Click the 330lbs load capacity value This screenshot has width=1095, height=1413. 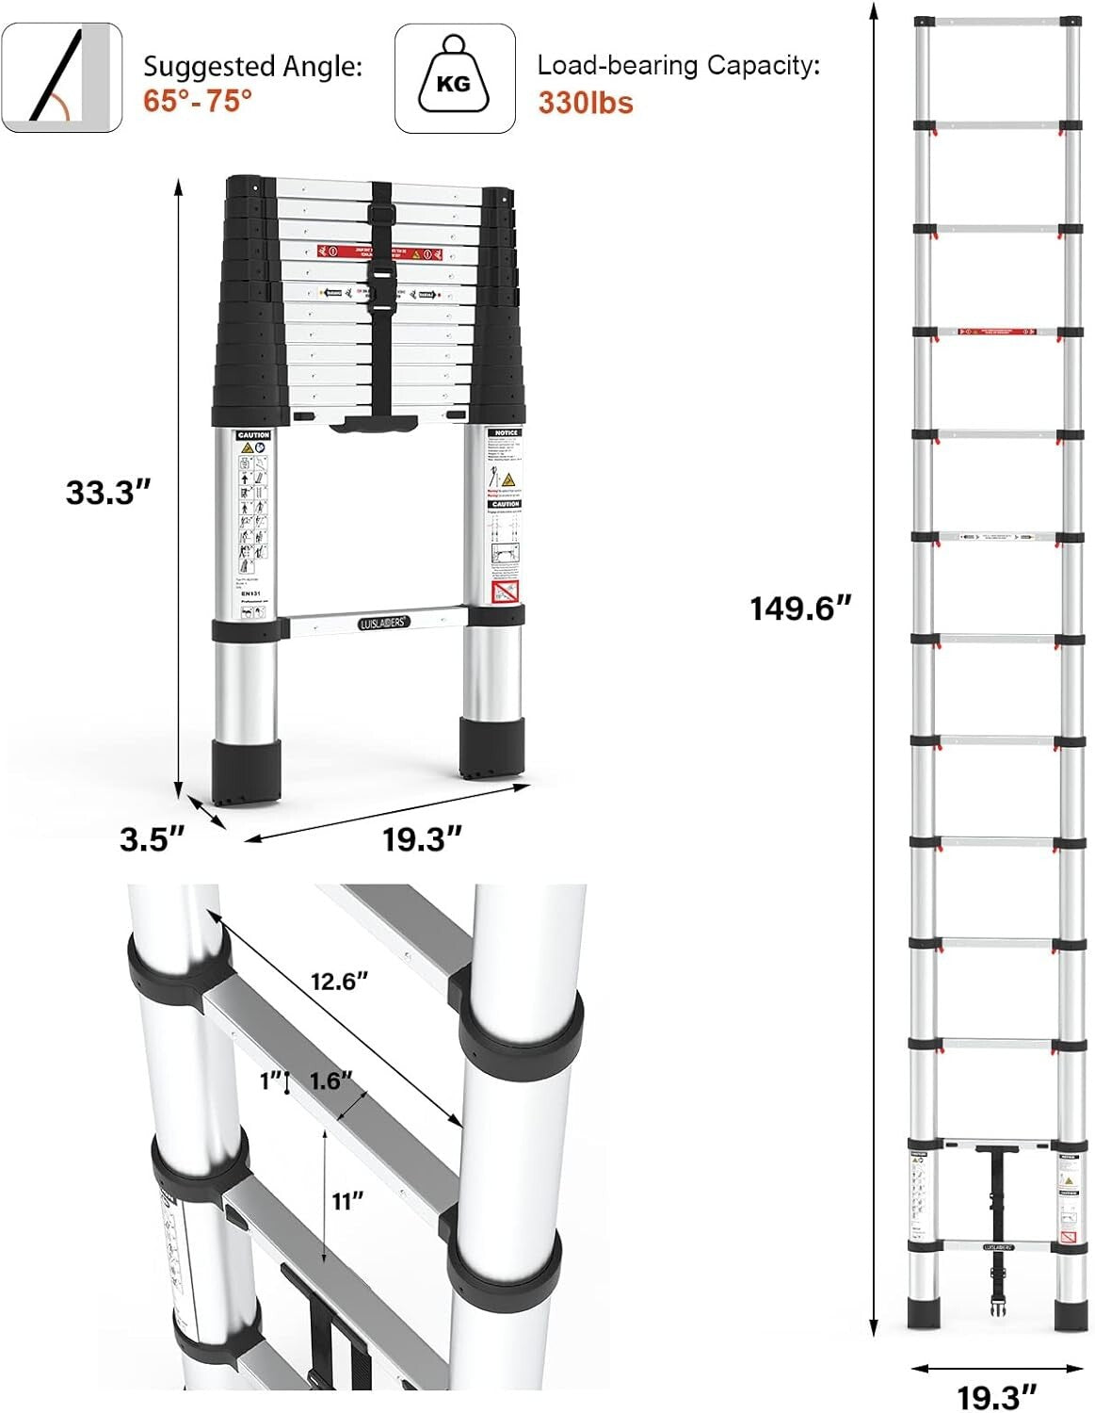[x=585, y=102]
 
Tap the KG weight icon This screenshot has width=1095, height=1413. [x=455, y=78]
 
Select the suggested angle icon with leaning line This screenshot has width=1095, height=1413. [x=61, y=78]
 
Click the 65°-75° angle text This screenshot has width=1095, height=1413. [x=198, y=100]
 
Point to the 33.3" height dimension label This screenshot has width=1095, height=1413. [x=108, y=492]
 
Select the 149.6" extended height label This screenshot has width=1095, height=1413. [x=799, y=608]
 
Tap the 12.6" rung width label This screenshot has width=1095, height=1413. [x=339, y=981]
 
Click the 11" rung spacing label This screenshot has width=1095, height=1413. [x=346, y=1200]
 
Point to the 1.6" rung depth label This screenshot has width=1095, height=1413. [x=330, y=1080]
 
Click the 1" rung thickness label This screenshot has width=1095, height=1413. [x=270, y=1081]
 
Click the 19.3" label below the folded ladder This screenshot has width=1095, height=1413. [x=422, y=838]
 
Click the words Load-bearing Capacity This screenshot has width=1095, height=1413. [x=678, y=65]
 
